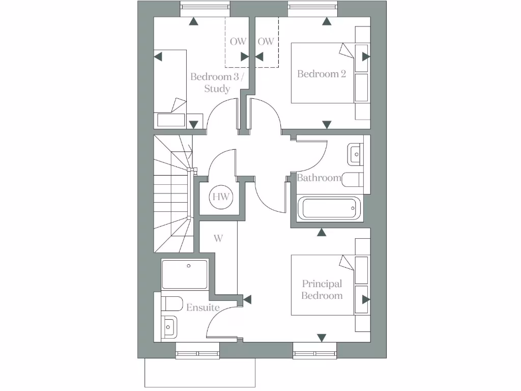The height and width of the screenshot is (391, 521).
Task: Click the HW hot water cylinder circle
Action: click(220, 197)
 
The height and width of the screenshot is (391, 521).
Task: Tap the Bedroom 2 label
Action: click(322, 74)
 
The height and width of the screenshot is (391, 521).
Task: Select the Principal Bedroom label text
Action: click(322, 290)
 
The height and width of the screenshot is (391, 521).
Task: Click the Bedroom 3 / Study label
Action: click(217, 82)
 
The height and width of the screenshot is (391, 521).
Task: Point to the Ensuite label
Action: click(202, 308)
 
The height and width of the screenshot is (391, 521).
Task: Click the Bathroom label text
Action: click(319, 178)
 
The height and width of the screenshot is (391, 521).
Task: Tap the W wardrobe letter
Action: click(218, 238)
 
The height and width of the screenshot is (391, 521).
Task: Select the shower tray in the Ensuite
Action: click(185, 274)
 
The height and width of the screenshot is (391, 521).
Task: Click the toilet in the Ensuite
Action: click(171, 303)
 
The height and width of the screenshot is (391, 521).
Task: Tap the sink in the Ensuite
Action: click(169, 326)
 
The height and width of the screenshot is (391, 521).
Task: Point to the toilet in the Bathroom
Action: click(352, 179)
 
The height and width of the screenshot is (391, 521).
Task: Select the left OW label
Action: click(237, 42)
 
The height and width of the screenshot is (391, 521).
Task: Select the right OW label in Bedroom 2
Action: click(266, 42)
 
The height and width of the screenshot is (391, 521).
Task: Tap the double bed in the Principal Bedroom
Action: click(323, 285)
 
